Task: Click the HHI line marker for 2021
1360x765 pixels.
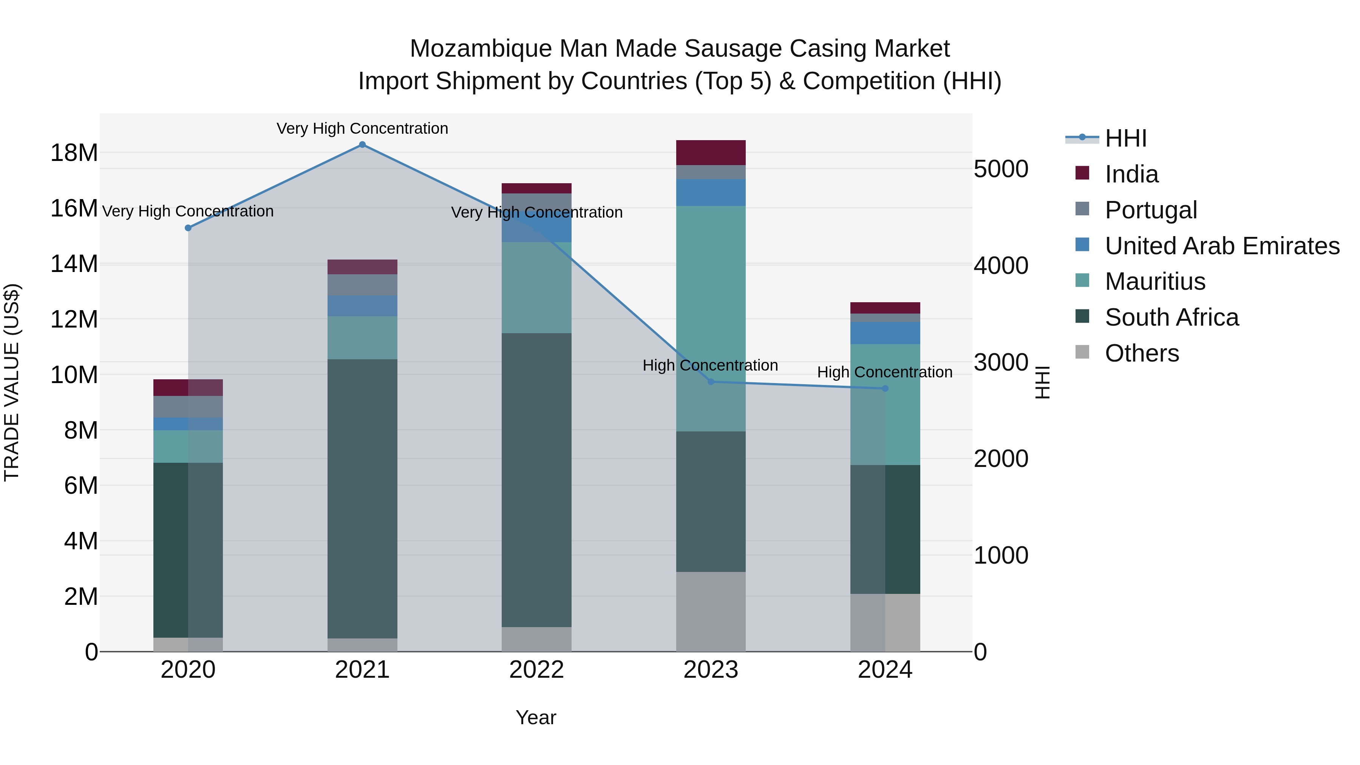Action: pyautogui.click(x=362, y=144)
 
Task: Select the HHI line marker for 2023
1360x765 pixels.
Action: pyautogui.click(x=711, y=382)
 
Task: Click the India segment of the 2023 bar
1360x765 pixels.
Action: pyautogui.click(x=711, y=153)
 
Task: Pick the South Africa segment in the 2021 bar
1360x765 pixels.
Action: pyautogui.click(x=362, y=499)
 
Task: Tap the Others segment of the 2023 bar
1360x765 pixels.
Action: pyautogui.click(x=711, y=611)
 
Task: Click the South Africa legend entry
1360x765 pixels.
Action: pyautogui.click(x=1171, y=317)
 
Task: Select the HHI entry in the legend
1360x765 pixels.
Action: pyautogui.click(x=1125, y=138)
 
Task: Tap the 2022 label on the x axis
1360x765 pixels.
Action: pyautogui.click(x=536, y=669)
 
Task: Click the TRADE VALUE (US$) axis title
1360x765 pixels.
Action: pyautogui.click(x=12, y=382)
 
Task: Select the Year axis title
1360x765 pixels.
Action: pyautogui.click(x=535, y=717)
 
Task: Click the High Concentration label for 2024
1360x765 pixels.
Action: pyautogui.click(x=885, y=372)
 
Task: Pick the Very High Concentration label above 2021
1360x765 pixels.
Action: pyautogui.click(x=362, y=128)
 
